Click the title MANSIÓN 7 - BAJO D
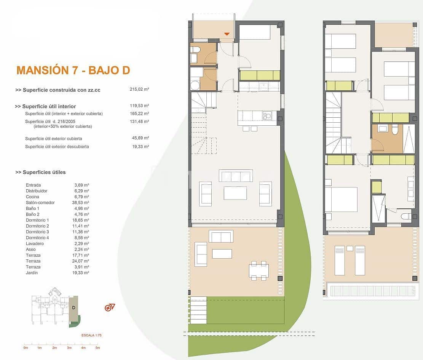[73, 70]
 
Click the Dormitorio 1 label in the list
[37, 220]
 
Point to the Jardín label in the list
[32, 273]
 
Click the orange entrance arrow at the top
[227, 34]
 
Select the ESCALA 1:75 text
[91, 336]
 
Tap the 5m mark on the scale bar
[97, 348]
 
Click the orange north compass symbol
[110, 308]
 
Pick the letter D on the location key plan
[73, 307]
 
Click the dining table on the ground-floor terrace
[259, 270]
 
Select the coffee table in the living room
[235, 193]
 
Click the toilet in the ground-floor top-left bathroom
[195, 50]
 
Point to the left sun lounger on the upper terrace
[340, 261]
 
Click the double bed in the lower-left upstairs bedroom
[342, 199]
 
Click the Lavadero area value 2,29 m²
[81, 243]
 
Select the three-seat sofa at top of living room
[236, 176]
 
